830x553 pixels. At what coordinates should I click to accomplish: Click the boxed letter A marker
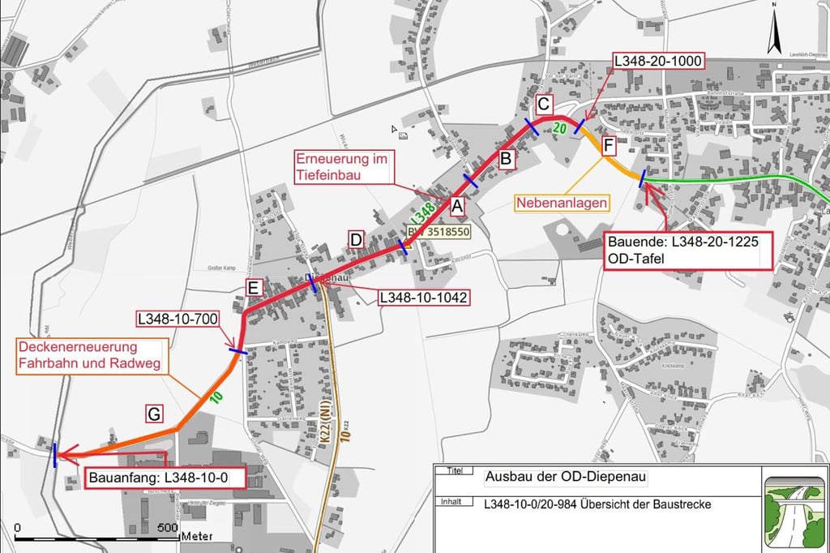point(456,208)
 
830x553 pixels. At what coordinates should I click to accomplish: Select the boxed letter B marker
point(505,159)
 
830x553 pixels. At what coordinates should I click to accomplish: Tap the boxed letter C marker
point(544,105)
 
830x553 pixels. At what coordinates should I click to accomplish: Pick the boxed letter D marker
point(356,239)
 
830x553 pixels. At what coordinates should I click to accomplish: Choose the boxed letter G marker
point(155,414)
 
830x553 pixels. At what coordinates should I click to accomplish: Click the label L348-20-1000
point(658,62)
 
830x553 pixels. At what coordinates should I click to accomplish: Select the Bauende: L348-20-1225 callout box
point(688,251)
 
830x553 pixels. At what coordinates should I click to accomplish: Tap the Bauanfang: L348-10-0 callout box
point(164,478)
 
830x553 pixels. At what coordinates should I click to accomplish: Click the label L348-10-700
point(178,319)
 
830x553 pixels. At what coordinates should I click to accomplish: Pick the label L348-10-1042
point(423,297)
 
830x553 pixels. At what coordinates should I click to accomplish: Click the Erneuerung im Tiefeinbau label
point(343,166)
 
